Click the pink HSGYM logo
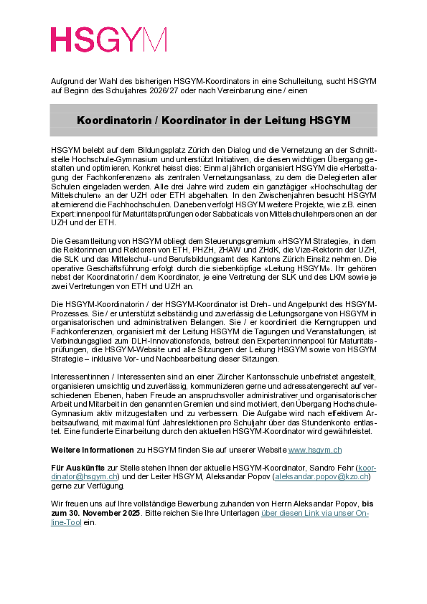click(x=108, y=39)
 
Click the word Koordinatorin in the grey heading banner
click(x=112, y=120)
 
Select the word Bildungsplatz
click(x=155, y=148)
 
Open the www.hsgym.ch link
click(x=314, y=449)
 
